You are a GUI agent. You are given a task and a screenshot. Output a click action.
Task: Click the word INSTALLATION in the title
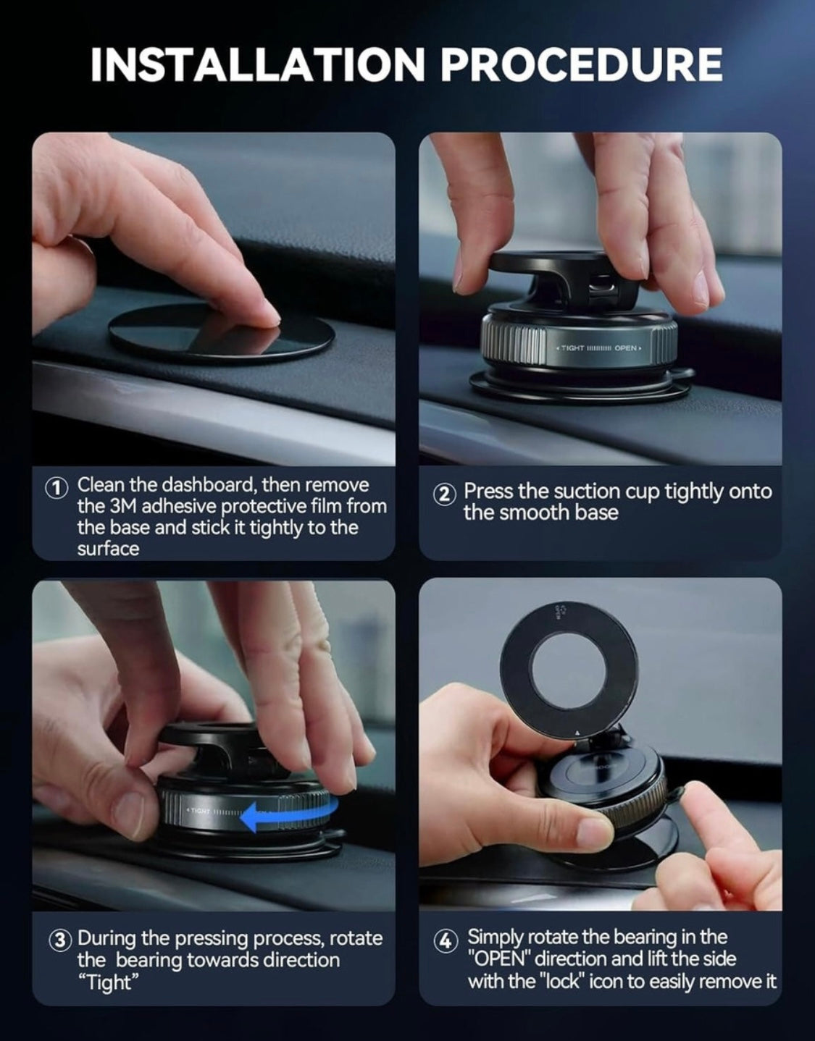(x=257, y=65)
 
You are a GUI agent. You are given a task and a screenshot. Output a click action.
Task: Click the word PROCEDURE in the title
(x=581, y=65)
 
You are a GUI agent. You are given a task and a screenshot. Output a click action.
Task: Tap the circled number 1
(x=57, y=486)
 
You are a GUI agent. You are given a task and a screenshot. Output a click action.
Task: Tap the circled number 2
(x=445, y=494)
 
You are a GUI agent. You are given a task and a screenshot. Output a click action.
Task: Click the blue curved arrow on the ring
(x=285, y=817)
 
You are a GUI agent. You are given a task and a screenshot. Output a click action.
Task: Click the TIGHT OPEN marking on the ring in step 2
(x=598, y=349)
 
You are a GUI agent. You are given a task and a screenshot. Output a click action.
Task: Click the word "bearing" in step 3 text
(x=149, y=961)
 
